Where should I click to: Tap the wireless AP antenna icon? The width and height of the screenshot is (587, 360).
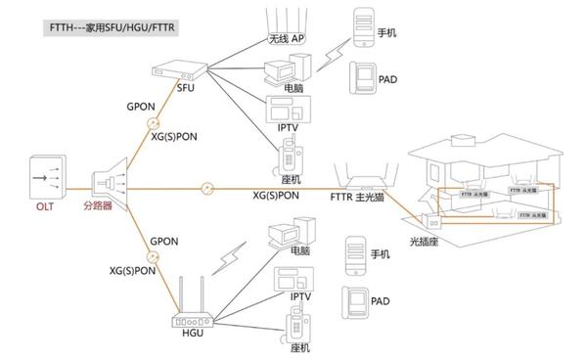click(283, 19)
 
